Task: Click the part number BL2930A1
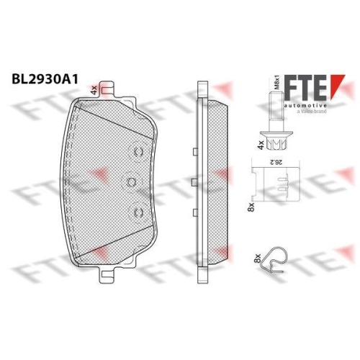coord(45,79)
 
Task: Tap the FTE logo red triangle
coord(336,84)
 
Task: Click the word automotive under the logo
coord(305,106)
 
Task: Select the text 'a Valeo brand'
coord(312,111)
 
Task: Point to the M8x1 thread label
coord(277,83)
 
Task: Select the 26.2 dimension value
coord(275,163)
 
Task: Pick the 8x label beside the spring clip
coord(258,258)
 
